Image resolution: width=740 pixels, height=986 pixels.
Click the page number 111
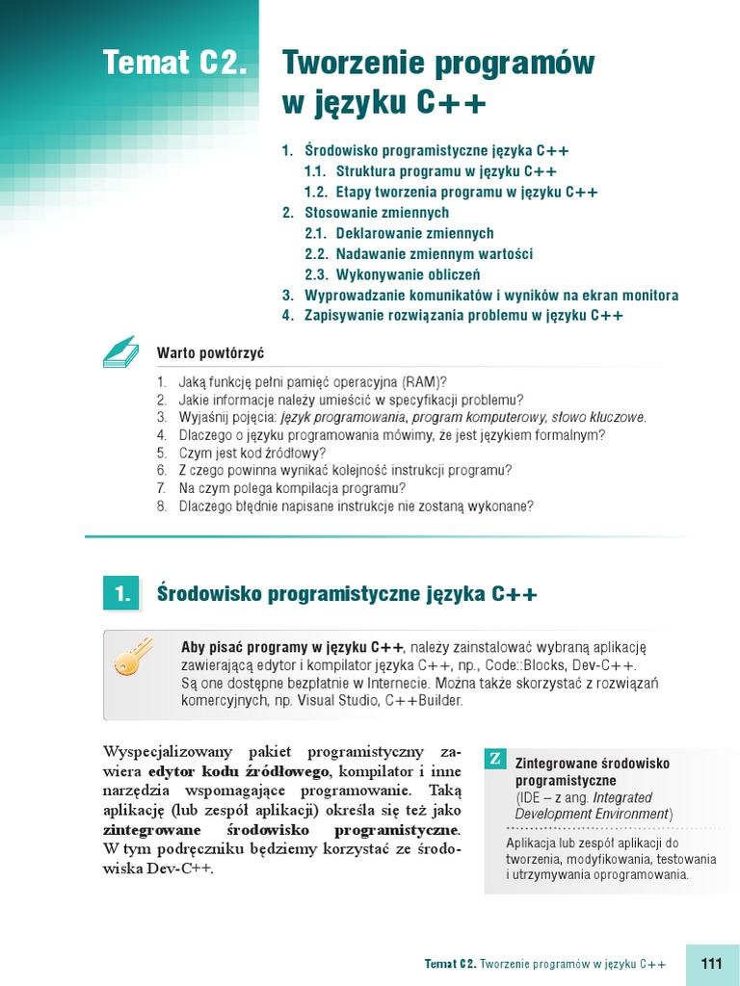pos(712,964)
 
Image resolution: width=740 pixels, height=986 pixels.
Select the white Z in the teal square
pos(494,759)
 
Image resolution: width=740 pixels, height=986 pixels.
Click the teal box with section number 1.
pos(121,594)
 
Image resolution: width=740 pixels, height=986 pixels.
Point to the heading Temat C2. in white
pos(175,64)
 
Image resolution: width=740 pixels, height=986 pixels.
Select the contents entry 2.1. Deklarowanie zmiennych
pos(399,233)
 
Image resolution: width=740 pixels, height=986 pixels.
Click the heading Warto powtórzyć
pos(210,353)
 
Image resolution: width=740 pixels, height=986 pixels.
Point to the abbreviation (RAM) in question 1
pos(423,381)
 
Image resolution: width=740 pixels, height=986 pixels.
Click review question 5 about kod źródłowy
pos(252,453)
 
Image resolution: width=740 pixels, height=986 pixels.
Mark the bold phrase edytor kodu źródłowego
pos(239,771)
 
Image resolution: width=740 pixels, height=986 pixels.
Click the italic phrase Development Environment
pos(592,814)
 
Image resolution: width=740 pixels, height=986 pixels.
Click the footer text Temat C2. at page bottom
pos(450,964)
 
